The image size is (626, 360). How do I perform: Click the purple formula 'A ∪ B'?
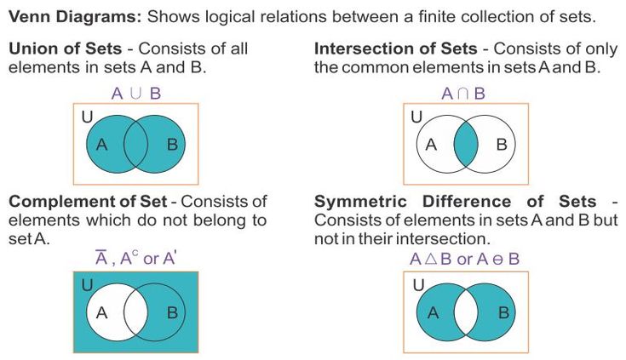[135, 94]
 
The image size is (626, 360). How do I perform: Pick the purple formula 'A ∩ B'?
[462, 94]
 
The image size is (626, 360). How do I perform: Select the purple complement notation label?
[135, 259]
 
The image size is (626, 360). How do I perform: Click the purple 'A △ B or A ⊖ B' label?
[464, 259]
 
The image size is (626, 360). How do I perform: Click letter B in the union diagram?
[172, 144]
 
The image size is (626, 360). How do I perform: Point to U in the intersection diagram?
[416, 117]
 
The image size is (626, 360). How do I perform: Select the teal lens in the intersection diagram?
[465, 144]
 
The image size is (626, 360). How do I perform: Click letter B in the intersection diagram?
[502, 144]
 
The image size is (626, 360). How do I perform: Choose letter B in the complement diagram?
[172, 312]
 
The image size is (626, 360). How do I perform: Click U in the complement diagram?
[88, 284]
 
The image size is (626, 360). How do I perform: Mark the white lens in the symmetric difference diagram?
[466, 312]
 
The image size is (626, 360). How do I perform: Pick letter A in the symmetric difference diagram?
[432, 312]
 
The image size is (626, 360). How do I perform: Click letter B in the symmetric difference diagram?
[503, 312]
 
